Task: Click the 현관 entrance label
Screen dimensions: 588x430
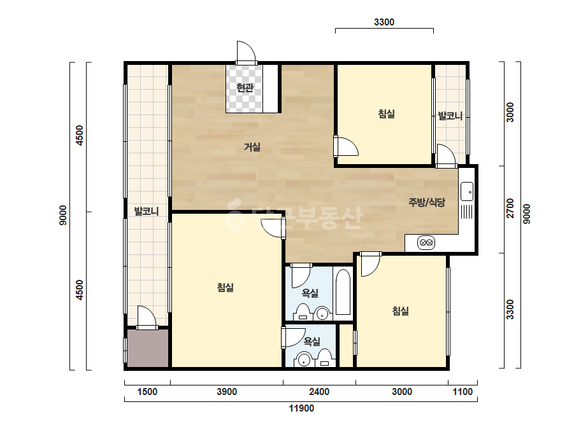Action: click(245, 88)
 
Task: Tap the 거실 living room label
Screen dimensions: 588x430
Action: click(252, 147)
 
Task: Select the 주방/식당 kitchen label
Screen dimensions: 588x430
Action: click(427, 203)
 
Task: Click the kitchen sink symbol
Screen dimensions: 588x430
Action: click(467, 191)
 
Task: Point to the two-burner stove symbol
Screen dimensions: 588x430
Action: click(426, 243)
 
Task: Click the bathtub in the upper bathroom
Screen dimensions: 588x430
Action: click(343, 293)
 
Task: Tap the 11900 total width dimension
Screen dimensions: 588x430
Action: click(301, 408)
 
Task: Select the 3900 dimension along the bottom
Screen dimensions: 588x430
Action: click(227, 392)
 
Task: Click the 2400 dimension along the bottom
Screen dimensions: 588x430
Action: click(319, 392)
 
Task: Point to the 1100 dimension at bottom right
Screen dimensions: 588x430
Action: click(463, 392)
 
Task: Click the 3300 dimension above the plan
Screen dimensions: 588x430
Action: click(384, 22)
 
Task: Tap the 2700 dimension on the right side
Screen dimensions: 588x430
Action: click(510, 209)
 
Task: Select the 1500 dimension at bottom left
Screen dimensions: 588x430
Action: click(147, 392)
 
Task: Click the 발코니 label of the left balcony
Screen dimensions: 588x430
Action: click(147, 212)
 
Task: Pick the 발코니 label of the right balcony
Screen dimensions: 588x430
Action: click(450, 116)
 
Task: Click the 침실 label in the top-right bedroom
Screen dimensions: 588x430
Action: click(386, 113)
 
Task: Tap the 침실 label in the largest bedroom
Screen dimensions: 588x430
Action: click(226, 288)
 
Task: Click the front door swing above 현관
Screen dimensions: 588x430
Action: click(246, 52)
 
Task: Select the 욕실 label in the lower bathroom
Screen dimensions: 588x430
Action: click(312, 341)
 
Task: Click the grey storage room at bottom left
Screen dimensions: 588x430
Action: click(147, 349)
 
